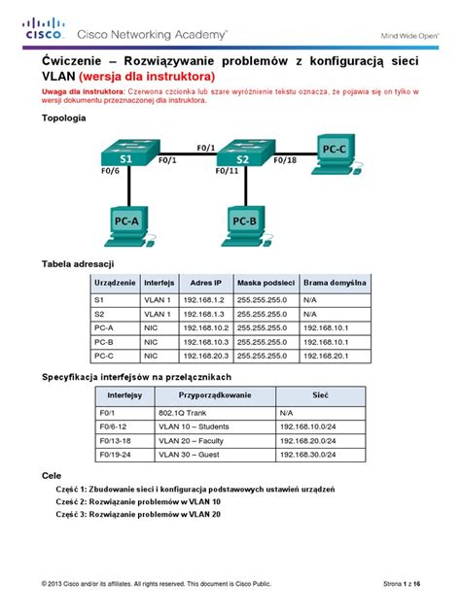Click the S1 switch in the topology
point(124,154)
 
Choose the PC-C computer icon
point(333,148)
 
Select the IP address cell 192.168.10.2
point(206,328)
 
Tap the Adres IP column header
point(206,282)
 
